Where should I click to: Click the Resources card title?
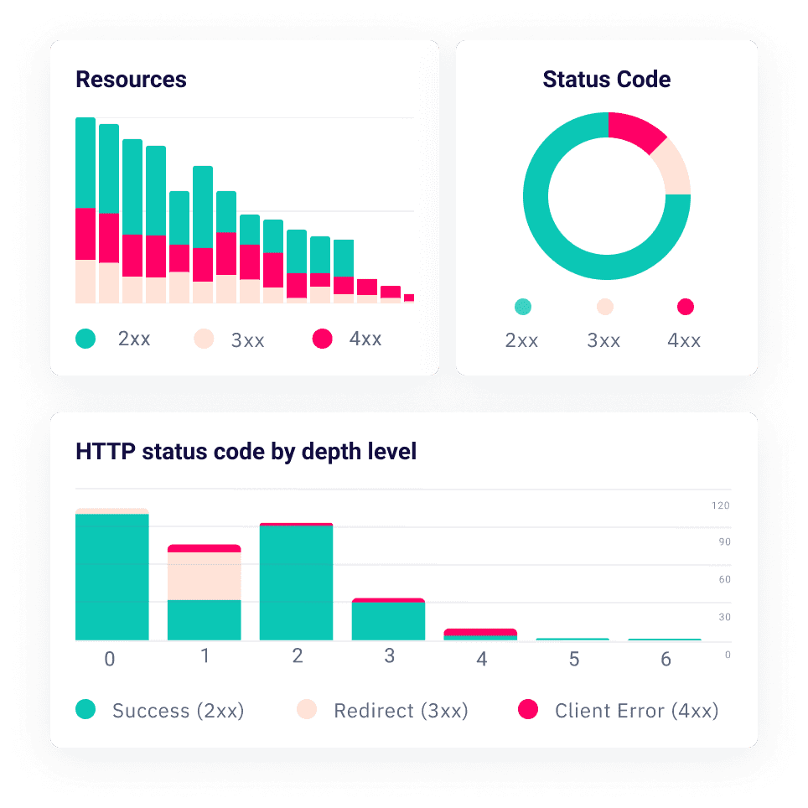(x=131, y=80)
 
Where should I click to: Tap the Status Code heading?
(x=606, y=80)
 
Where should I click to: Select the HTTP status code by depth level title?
(x=246, y=452)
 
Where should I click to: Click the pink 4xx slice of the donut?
(x=635, y=132)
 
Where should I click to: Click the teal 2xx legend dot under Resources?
(x=85, y=339)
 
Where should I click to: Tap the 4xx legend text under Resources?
(x=365, y=339)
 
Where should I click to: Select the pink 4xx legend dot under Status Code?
(x=686, y=307)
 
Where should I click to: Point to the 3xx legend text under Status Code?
(x=603, y=340)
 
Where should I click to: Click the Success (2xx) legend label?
(x=178, y=711)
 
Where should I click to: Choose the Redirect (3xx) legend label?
(x=401, y=711)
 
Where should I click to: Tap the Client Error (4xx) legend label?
(x=636, y=711)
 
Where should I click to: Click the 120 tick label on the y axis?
(x=721, y=505)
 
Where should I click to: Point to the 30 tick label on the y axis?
(x=724, y=617)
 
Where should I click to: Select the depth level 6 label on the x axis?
(x=666, y=660)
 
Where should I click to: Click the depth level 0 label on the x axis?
(x=109, y=660)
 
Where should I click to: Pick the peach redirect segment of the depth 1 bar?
(x=205, y=576)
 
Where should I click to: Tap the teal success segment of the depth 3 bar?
(x=388, y=621)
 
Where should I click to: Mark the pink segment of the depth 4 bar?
(x=480, y=632)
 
